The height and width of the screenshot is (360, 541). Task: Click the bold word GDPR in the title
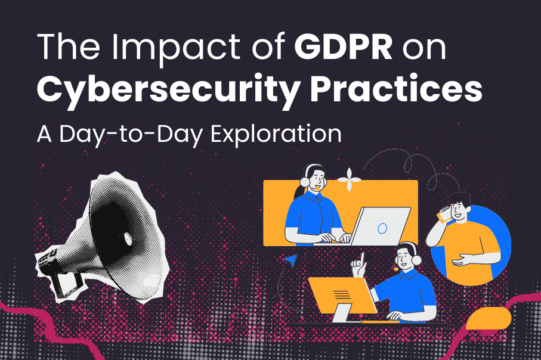[x=343, y=47]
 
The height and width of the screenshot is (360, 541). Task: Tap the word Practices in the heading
[x=395, y=88]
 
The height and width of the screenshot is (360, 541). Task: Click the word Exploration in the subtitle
[x=276, y=134]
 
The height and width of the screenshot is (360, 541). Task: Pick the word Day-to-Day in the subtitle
[x=131, y=135]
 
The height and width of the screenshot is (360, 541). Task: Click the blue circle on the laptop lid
[x=382, y=228]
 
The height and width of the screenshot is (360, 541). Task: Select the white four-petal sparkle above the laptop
[x=349, y=179]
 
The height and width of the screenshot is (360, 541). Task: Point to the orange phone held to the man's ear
[x=444, y=214]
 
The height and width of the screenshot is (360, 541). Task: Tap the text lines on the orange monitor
[x=342, y=294]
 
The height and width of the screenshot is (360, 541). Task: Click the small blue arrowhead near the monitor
[x=291, y=260]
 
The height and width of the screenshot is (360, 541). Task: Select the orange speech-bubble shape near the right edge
[x=489, y=318]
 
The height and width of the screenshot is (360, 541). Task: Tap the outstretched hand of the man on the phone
[x=463, y=260]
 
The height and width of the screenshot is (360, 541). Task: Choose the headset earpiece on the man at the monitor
[x=417, y=260]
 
